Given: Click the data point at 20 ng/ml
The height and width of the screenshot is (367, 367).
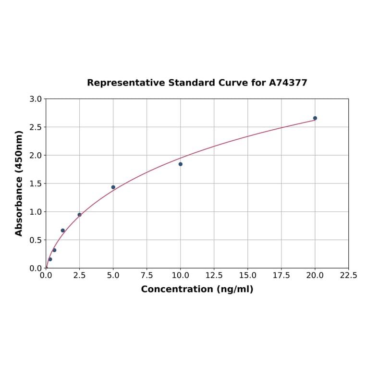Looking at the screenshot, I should pos(315,118).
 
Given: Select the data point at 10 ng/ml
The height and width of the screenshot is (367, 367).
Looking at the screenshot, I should pos(181,164).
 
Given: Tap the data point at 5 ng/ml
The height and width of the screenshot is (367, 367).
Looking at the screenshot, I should pos(113,187).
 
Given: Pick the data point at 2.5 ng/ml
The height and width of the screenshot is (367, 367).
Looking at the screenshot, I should pos(80,215).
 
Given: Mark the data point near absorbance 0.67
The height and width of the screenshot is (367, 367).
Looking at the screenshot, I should pos(63,231).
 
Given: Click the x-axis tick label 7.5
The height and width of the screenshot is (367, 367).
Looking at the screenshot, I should pos(147,276).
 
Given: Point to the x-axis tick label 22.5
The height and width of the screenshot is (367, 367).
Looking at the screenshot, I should pos(348,276).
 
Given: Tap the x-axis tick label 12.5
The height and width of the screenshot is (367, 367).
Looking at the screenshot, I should pos(214,276).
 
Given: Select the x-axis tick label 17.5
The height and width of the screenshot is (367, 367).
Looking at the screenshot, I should pos(281,276).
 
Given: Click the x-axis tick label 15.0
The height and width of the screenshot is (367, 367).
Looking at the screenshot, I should pos(247,276).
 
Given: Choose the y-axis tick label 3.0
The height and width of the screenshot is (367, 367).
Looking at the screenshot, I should pos(36,99).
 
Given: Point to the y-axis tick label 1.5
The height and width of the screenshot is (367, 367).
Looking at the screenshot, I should pos(36,183).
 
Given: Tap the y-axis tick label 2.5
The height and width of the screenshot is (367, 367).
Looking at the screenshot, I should pos(36,127).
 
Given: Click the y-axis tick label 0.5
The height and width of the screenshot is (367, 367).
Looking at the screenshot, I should pos(36,240).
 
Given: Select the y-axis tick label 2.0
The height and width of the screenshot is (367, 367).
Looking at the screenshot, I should pos(36,155).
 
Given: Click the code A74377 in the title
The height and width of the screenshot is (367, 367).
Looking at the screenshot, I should pos(288,83).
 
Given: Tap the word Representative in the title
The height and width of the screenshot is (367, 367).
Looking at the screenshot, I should pos(125,83).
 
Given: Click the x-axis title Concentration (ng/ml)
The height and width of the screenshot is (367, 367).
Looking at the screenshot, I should pos(197,289).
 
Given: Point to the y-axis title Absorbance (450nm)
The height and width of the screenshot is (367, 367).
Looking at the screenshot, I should pos(19,183).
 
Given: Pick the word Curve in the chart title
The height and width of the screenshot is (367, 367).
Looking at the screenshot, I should pos(232,83).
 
